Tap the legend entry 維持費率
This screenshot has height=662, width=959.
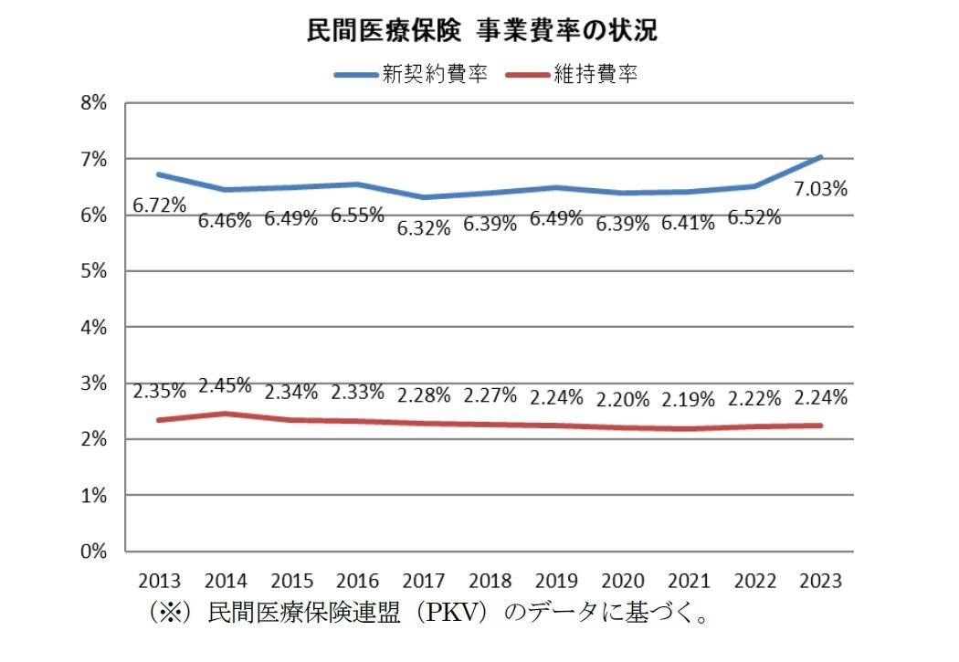(595, 75)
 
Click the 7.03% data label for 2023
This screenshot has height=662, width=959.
(821, 189)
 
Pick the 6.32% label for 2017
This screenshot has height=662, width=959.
(424, 228)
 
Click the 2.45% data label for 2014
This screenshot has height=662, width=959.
(225, 385)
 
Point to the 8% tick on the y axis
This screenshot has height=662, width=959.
(95, 103)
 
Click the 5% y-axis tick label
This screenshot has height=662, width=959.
(95, 271)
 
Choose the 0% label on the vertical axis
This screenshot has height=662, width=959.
(95, 552)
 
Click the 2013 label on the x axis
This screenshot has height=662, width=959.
(160, 582)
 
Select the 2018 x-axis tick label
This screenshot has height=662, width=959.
(490, 582)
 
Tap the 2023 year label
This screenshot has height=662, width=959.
(821, 582)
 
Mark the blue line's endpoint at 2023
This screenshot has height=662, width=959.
(821, 157)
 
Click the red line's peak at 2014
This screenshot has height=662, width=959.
(226, 414)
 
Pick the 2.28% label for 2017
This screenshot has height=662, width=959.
(424, 396)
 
